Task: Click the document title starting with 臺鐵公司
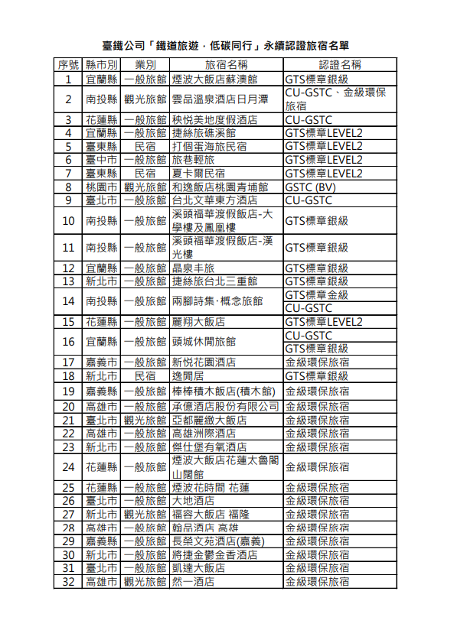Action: pyautogui.click(x=226, y=46)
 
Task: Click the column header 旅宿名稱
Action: pyautogui.click(x=226, y=65)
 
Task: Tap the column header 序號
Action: pyautogui.click(x=68, y=65)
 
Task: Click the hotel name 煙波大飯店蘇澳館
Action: pyautogui.click(x=214, y=79)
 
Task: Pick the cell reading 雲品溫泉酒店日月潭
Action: pyautogui.click(x=220, y=99)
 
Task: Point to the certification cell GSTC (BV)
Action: pyautogui.click(x=309, y=187)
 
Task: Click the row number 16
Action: pyautogui.click(x=68, y=341)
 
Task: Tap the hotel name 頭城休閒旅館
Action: pyautogui.click(x=204, y=341)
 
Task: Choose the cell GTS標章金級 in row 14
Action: pyautogui.click(x=316, y=294)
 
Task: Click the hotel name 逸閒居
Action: pyautogui.click(x=188, y=375)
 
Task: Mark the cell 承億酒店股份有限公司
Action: pyautogui.click(x=225, y=406)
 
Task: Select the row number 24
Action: pyautogui.click(x=68, y=466)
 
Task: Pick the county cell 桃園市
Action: pyautogui.click(x=101, y=187)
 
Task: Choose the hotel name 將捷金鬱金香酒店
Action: pyautogui.click(x=214, y=554)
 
